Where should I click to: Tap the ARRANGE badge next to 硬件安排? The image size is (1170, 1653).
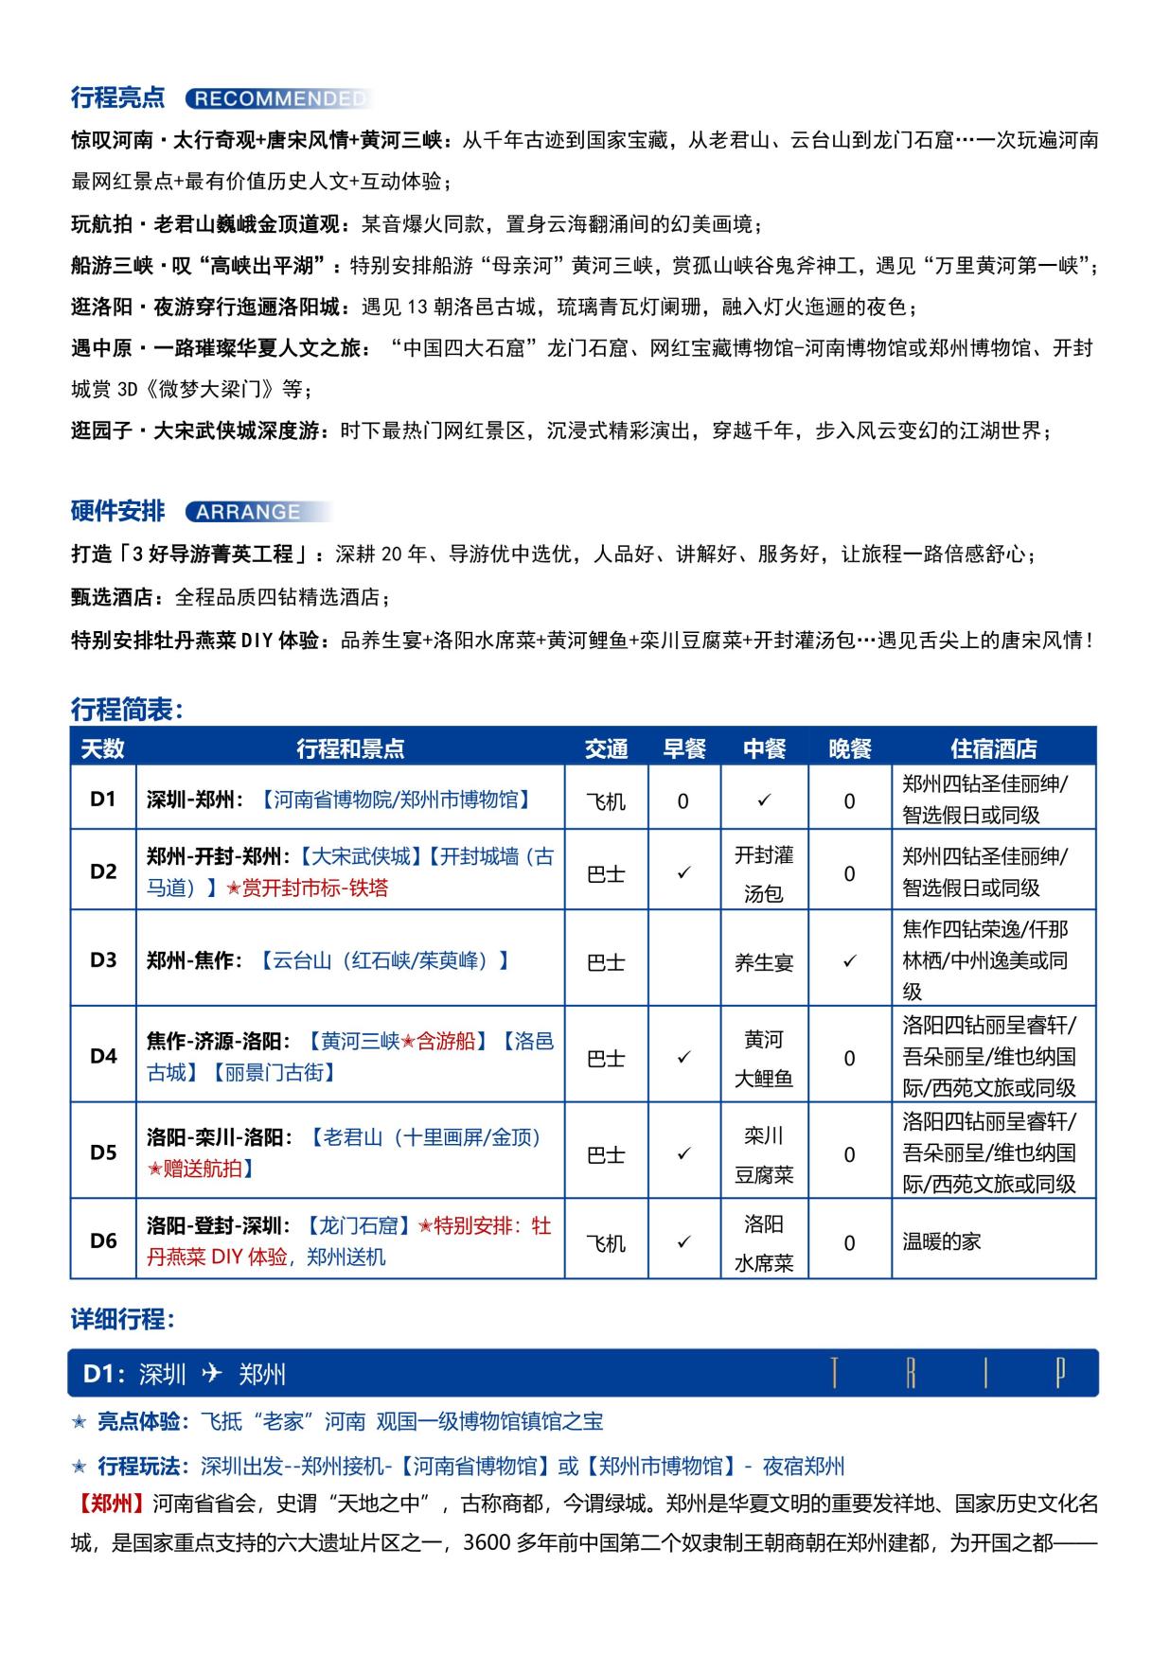tap(248, 512)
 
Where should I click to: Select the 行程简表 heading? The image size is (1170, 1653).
tap(127, 709)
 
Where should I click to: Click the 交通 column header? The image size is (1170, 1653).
tap(606, 748)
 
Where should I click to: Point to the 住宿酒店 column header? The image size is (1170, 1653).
tap(993, 748)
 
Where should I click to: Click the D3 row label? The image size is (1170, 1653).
tap(103, 959)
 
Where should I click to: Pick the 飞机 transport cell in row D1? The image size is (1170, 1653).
tap(606, 800)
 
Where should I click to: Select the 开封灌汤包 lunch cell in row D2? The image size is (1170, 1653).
tap(764, 873)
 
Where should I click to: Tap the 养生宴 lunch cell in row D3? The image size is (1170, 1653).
tap(764, 962)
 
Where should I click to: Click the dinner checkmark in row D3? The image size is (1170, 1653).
tap(849, 960)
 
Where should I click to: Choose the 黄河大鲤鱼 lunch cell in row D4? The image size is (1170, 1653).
tap(764, 1058)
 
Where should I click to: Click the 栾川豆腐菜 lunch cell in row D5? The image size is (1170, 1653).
tap(764, 1154)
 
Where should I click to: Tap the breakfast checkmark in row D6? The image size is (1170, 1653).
tap(683, 1241)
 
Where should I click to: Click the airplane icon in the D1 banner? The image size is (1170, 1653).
tap(212, 1373)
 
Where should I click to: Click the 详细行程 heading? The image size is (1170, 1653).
tap(123, 1319)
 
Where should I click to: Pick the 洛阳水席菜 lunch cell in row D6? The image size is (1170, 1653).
tap(764, 1242)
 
